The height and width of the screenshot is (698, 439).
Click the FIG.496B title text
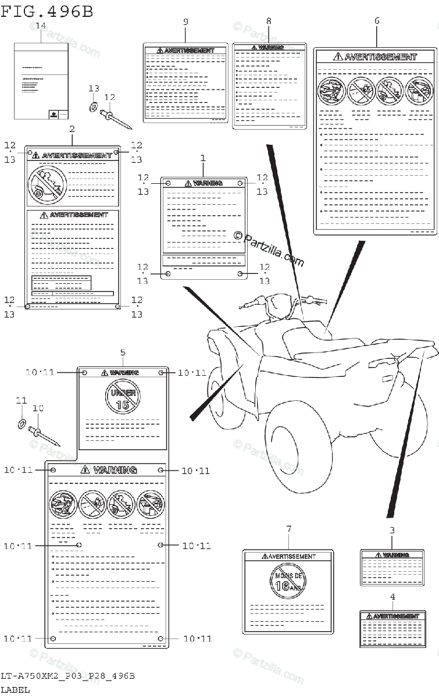tap(47, 11)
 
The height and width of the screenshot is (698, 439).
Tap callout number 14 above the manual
tap(41, 26)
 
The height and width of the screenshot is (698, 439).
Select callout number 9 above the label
tap(185, 22)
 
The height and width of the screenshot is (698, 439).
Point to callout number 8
tap(269, 21)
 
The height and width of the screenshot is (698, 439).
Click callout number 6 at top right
tap(377, 21)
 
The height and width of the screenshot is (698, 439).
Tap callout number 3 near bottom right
tap(392, 530)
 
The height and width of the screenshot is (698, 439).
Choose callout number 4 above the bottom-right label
tap(392, 597)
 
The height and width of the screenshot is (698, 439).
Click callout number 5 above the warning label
tap(123, 352)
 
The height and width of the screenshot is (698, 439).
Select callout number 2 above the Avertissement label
tap(72, 129)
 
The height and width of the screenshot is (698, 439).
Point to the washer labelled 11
tap(21, 423)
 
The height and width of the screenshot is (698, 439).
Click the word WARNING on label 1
tap(207, 183)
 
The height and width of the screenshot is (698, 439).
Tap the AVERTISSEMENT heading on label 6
tap(380, 57)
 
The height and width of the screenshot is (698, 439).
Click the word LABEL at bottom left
tap(16, 690)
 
